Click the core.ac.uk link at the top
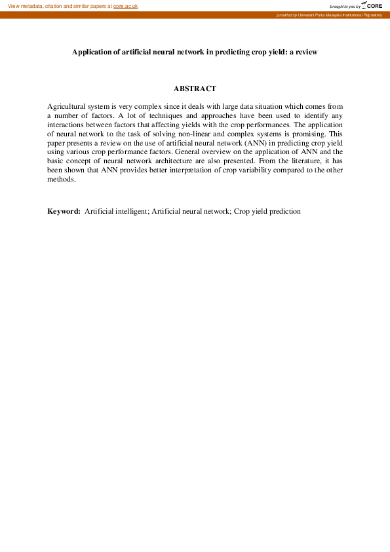click(125, 6)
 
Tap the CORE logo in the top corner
click(373, 6)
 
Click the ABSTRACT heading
click(195, 89)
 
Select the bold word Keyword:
click(64, 212)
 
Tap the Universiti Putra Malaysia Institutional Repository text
click(341, 14)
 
